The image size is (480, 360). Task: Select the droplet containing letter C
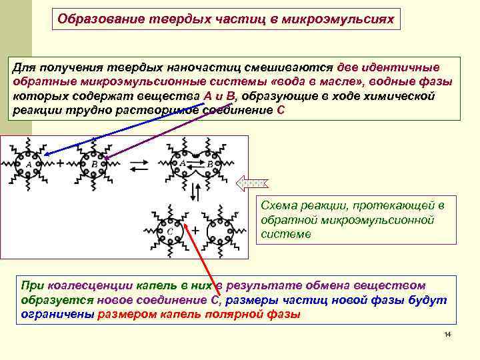[x=171, y=229]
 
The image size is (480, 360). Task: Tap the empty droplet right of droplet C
[x=220, y=230]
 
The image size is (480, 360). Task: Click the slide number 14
[x=447, y=333]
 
